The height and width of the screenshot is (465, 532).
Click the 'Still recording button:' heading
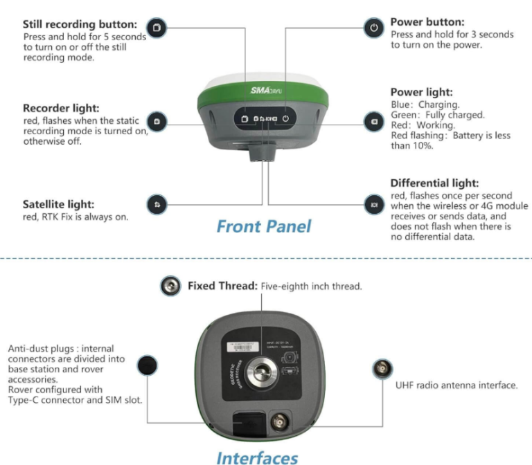(x=80, y=25)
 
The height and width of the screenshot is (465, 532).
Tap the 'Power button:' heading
(x=427, y=22)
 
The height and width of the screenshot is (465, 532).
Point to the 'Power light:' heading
(x=421, y=92)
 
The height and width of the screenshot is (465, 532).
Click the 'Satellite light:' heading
(x=58, y=205)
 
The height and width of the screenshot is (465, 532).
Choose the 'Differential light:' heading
(x=434, y=183)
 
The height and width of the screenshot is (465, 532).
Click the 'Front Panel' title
(x=264, y=226)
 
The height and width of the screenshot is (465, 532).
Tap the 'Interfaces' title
(x=257, y=457)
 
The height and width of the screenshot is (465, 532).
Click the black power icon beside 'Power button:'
(x=373, y=28)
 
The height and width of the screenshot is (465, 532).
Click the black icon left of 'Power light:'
(x=373, y=122)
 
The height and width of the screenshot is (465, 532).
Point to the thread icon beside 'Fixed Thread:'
(x=170, y=286)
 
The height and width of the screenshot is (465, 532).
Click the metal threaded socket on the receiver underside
(x=262, y=367)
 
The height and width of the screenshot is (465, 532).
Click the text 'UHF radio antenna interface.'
(x=456, y=385)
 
